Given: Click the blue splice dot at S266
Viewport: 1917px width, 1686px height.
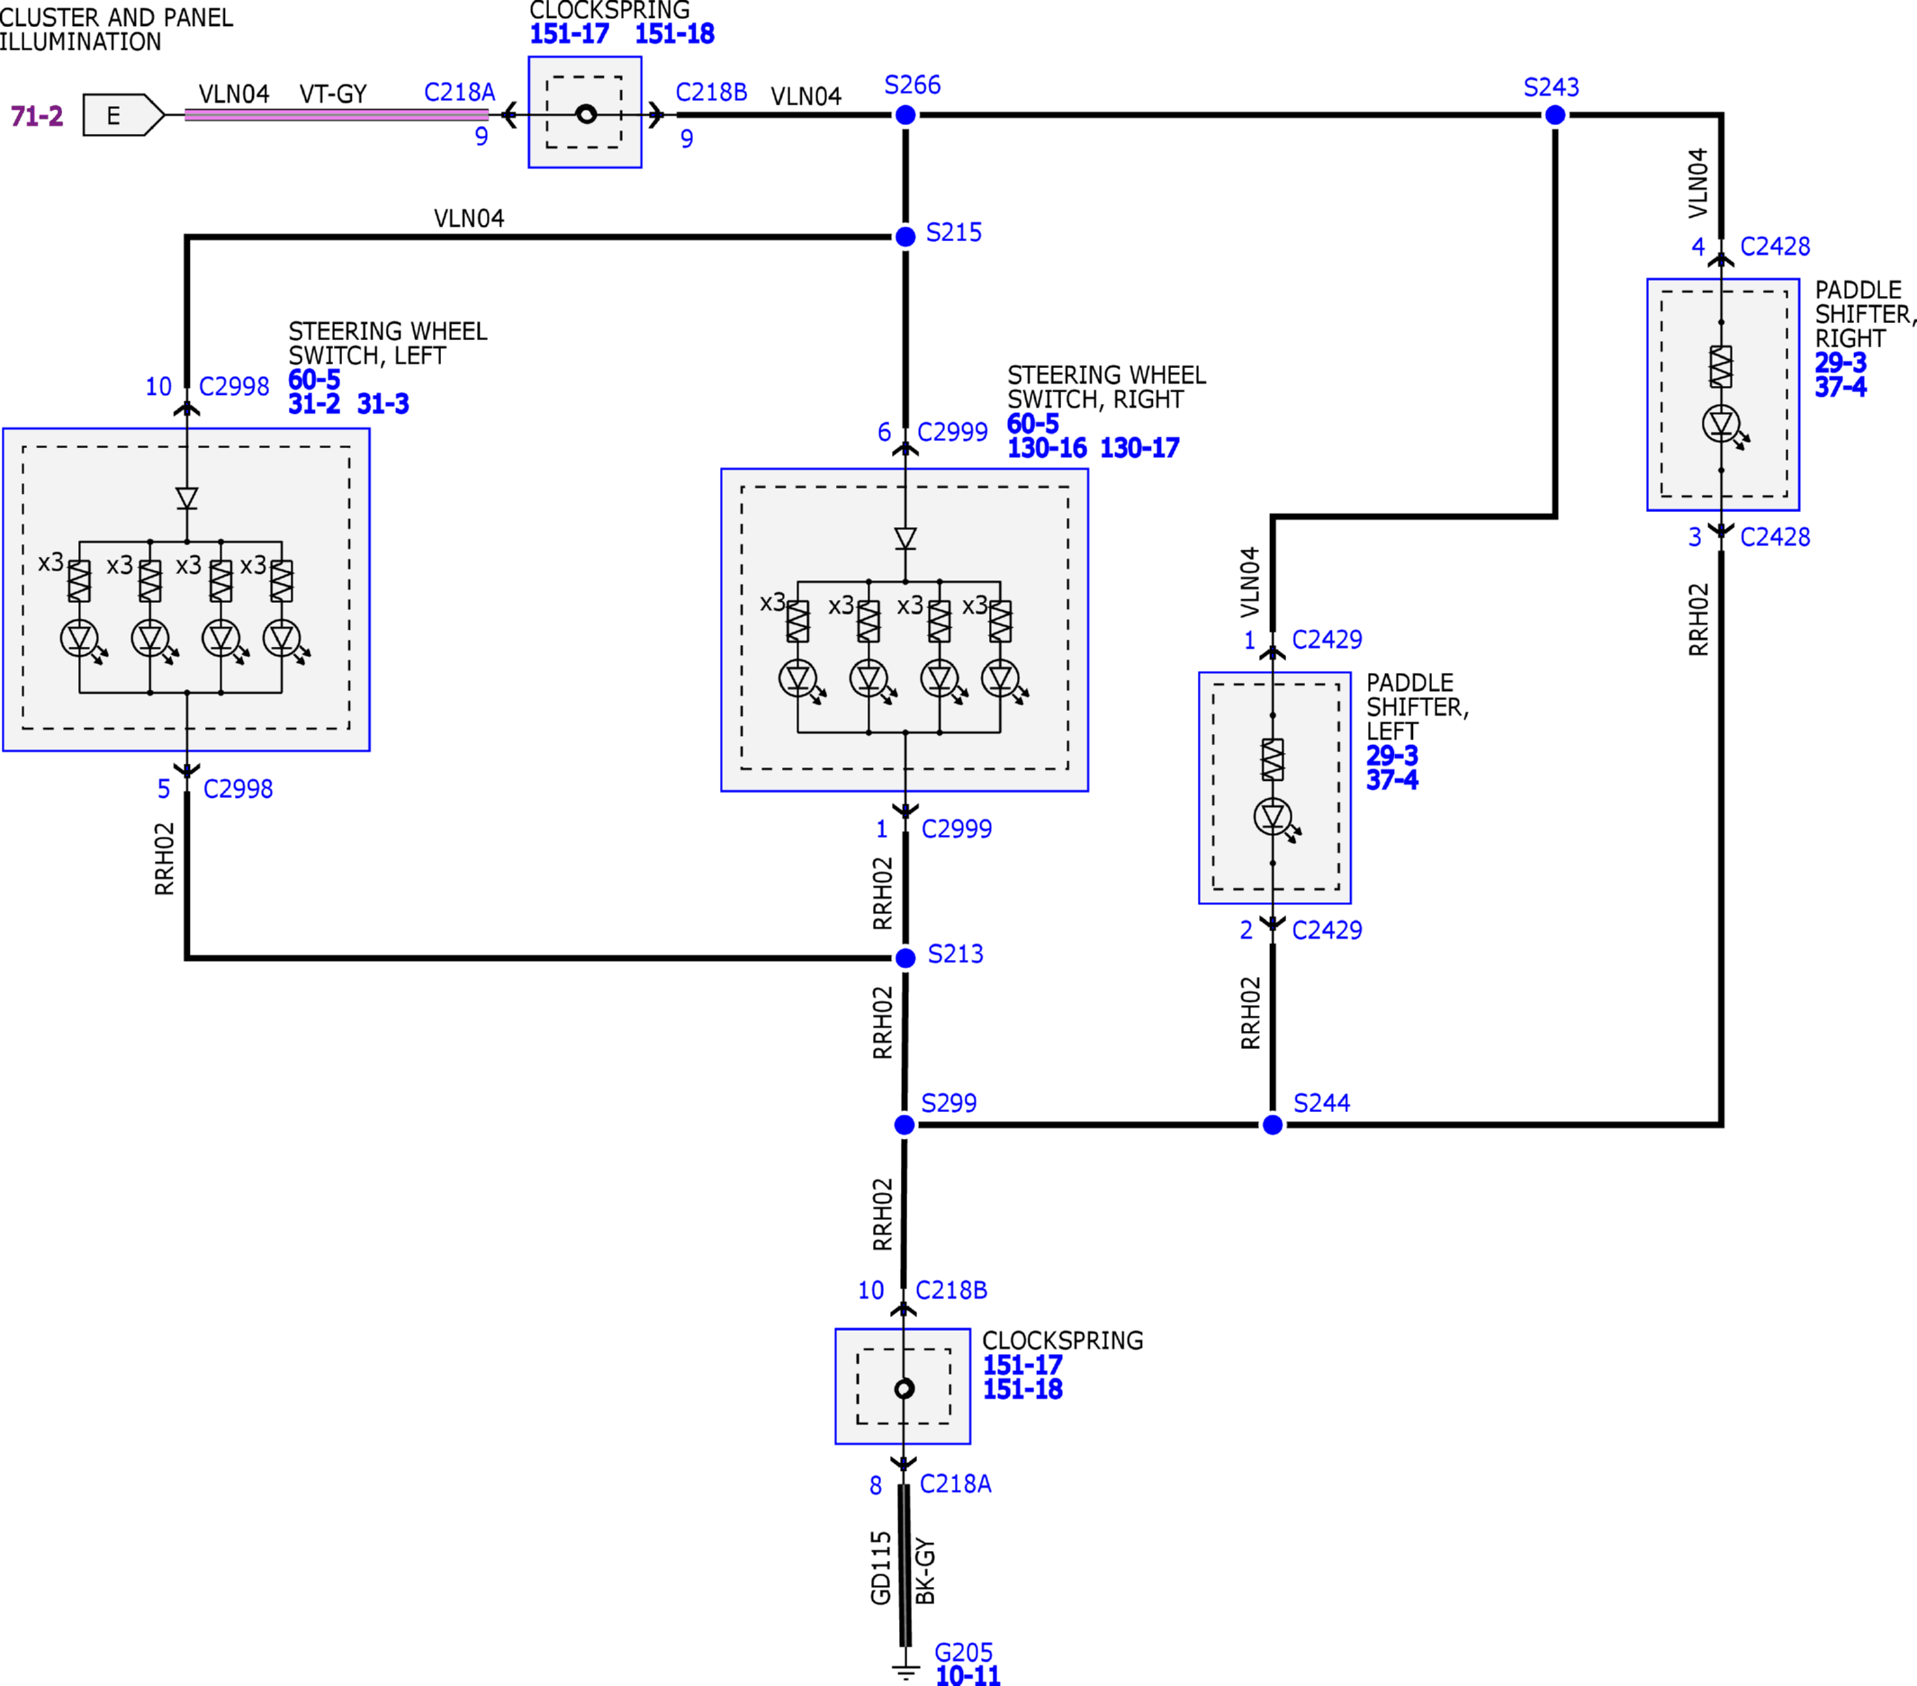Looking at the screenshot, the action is [x=905, y=115].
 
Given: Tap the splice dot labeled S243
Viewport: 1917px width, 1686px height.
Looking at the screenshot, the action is [x=1555, y=115].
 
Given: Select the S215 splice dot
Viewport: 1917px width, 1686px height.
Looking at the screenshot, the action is [x=905, y=238].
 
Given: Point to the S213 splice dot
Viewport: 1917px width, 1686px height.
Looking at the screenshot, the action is [x=905, y=958].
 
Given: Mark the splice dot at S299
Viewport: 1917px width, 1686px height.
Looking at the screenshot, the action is [x=904, y=1125].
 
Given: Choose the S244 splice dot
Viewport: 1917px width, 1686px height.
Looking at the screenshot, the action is [x=1273, y=1125].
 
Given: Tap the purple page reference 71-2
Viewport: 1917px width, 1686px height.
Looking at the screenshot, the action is [x=37, y=116].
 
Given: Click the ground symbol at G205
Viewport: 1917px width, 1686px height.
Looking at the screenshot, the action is [x=905, y=1671].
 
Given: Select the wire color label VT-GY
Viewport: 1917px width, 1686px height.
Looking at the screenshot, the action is [x=333, y=94].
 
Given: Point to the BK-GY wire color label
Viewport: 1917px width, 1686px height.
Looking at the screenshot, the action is [x=924, y=1571].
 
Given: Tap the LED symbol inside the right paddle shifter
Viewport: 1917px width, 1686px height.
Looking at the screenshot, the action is [x=1722, y=425].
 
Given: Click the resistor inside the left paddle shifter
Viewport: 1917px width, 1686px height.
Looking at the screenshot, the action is [x=1273, y=759].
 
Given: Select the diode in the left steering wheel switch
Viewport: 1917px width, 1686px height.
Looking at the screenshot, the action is [x=186, y=498].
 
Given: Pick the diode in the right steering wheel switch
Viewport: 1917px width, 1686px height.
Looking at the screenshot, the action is [x=905, y=538].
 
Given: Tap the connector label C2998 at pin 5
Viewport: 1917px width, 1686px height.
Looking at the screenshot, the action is [x=238, y=790].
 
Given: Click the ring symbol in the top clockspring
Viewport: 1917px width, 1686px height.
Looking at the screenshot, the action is [x=586, y=114].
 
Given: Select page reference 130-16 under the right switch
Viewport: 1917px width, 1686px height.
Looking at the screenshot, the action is [x=1047, y=448].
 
